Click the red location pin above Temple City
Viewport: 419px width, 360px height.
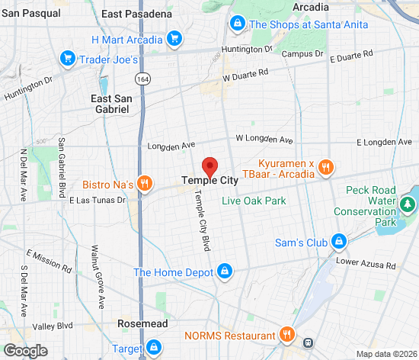tap(209, 166)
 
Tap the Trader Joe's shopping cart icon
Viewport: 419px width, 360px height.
tap(68, 59)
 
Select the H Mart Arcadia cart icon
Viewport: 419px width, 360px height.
tap(174, 39)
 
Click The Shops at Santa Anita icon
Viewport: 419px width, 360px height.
tap(238, 24)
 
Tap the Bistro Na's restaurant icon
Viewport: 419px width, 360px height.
tap(147, 184)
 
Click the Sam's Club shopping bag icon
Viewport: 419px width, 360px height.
tap(339, 243)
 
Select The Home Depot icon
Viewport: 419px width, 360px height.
tap(224, 272)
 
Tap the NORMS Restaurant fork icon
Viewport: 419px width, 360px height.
tap(287, 335)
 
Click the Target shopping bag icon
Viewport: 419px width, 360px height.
tap(153, 347)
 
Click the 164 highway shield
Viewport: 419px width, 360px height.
tap(142, 79)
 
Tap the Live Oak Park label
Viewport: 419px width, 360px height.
tap(254, 201)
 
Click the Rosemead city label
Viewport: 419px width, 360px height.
tap(138, 323)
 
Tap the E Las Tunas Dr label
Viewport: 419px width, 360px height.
tap(97, 201)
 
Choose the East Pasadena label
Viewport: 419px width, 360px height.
tap(136, 14)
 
